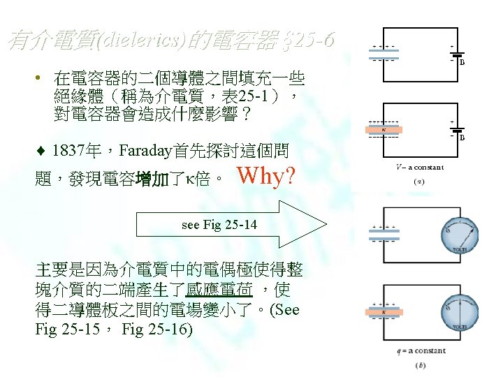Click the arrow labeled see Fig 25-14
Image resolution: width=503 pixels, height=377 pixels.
coord(231,225)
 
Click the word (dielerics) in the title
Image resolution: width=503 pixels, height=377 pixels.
coord(144,43)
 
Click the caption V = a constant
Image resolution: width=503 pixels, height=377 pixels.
coord(418,168)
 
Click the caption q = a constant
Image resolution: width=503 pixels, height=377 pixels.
coord(418,350)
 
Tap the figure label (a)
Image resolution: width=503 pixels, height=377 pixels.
coord(418,182)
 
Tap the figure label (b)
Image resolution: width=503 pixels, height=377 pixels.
coord(420,365)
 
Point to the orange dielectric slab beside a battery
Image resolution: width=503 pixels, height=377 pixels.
coord(384,129)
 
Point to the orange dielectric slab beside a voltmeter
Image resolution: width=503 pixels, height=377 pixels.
coord(384,313)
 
